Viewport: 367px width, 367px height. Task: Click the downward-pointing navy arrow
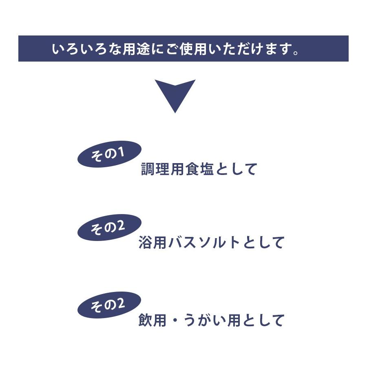pos(175,94)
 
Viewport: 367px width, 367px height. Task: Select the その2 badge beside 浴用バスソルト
pos(109,228)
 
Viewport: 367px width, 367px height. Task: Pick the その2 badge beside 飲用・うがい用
pos(109,305)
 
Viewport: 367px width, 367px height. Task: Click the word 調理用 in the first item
pos(163,169)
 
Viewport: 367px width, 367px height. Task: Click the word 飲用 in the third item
pos(152,321)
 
